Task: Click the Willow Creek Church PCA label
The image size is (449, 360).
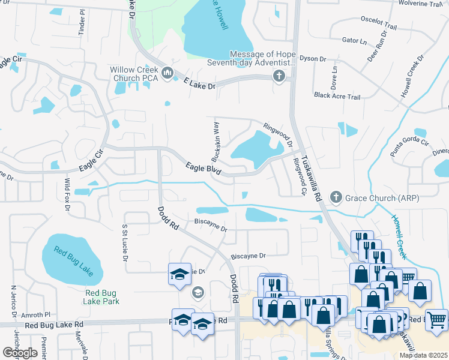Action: point(133,74)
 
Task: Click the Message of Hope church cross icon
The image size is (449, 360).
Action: point(279,76)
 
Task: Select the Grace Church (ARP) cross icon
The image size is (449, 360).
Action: point(336,197)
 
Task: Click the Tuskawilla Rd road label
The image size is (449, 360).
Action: point(311,175)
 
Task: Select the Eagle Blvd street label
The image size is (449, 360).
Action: point(203,168)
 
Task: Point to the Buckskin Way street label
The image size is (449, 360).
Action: point(215,142)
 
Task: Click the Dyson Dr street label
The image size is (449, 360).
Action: point(312,59)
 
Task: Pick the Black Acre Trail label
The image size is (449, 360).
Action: point(337,96)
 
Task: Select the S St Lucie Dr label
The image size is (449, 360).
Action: point(125,242)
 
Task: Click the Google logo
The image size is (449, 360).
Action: point(20,353)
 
